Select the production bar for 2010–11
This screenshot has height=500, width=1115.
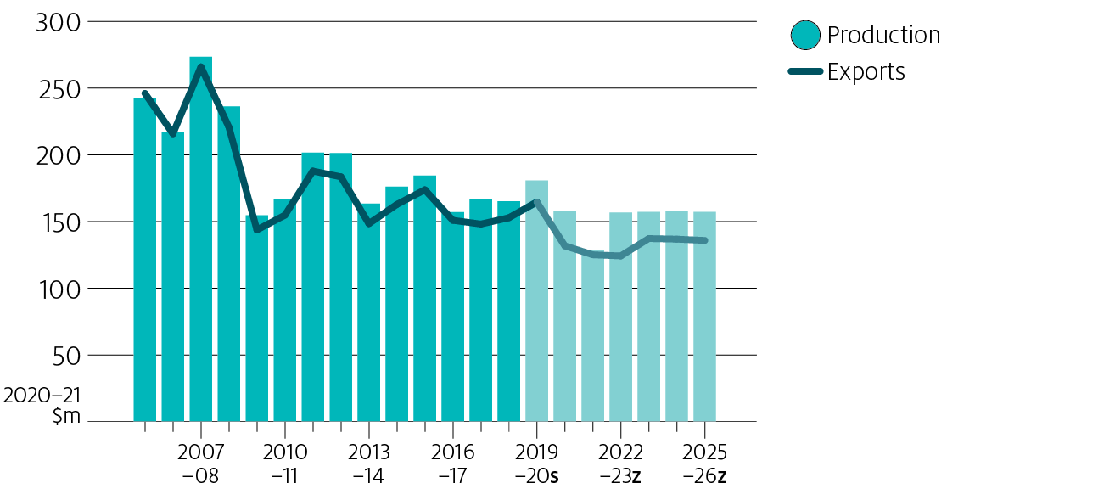[284, 314]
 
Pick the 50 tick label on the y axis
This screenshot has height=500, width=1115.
[64, 356]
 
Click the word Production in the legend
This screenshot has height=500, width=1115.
[883, 36]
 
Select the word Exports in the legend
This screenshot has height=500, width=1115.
[866, 72]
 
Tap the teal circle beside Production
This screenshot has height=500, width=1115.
[804, 36]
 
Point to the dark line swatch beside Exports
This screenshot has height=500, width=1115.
[804, 72]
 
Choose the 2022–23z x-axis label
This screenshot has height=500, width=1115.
[620, 463]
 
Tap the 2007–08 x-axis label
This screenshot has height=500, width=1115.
[200, 463]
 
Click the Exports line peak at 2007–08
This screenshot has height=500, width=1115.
[200, 66]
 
